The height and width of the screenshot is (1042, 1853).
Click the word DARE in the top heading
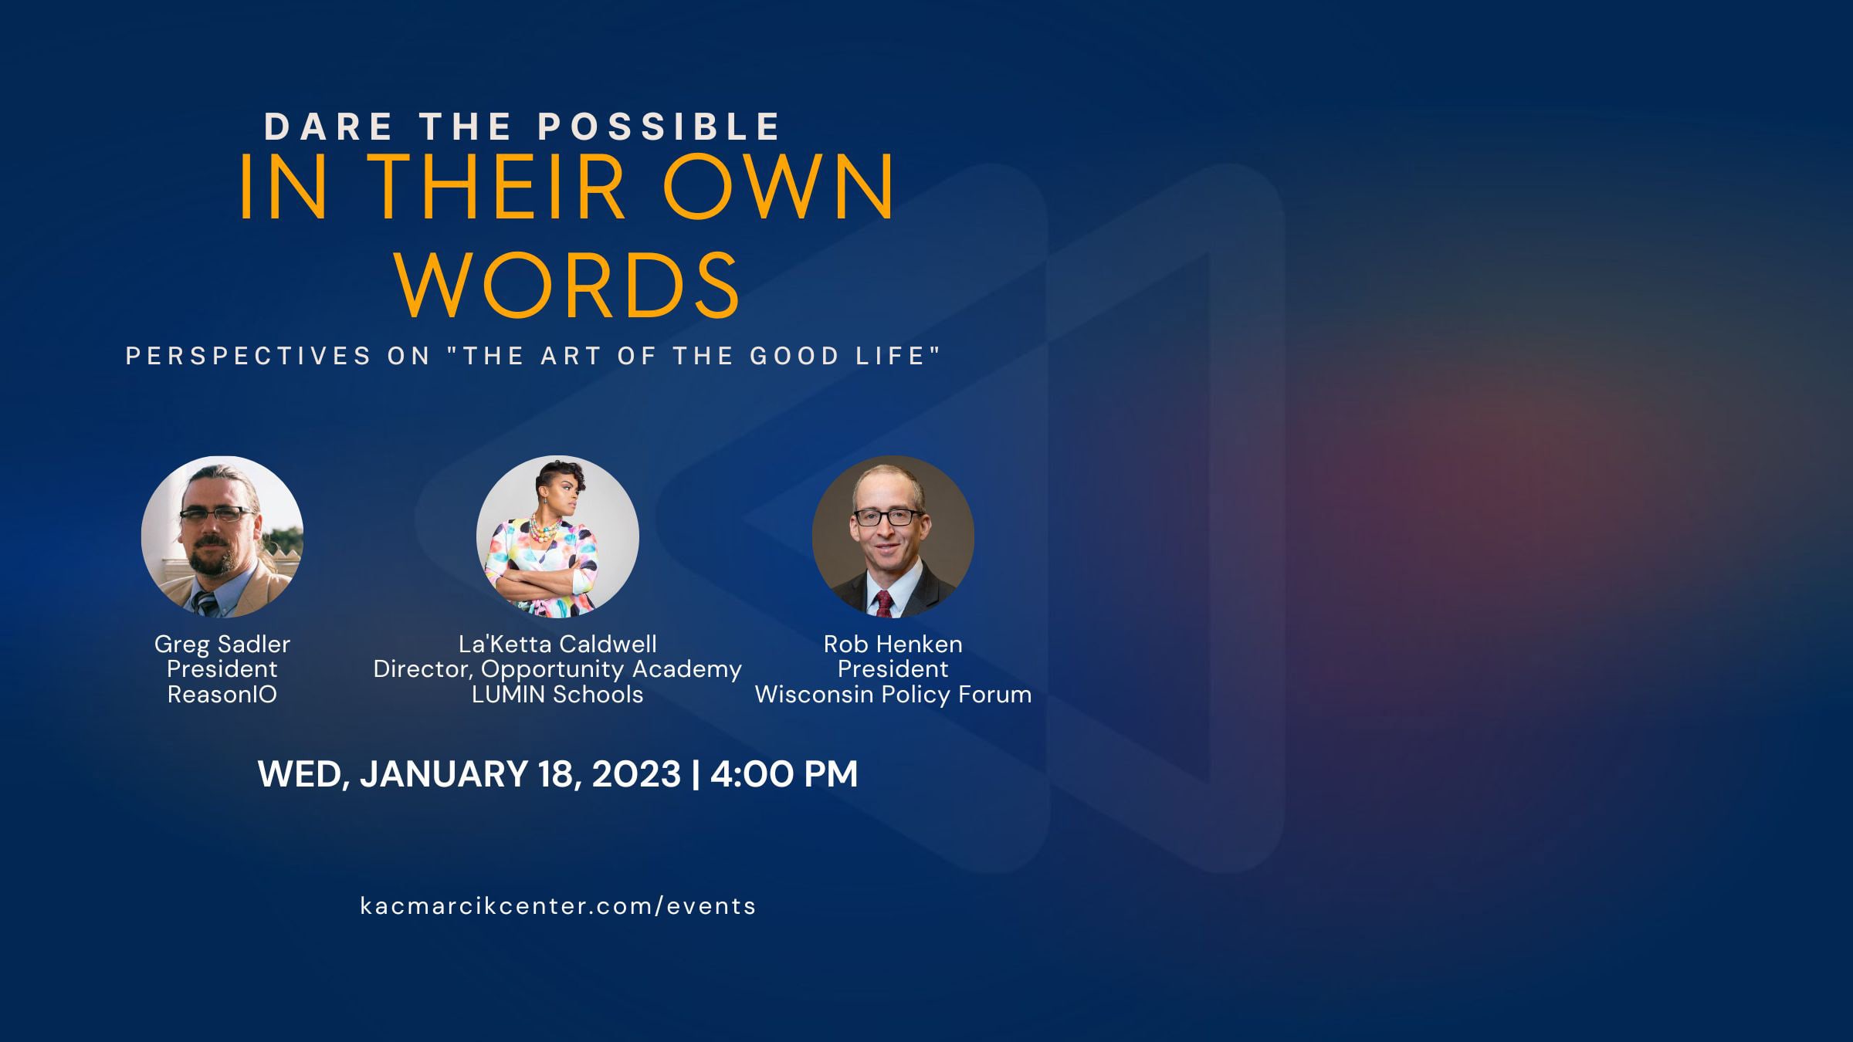(x=318, y=127)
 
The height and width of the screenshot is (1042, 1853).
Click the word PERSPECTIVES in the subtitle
(x=249, y=356)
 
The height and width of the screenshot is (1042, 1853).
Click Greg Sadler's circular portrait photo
(x=222, y=536)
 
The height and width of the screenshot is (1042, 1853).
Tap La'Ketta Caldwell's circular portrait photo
(x=557, y=536)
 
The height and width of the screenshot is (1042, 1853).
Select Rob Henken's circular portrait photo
(x=893, y=536)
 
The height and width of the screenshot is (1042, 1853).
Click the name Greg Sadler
(x=222, y=644)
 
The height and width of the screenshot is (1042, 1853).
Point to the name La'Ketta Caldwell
(x=557, y=644)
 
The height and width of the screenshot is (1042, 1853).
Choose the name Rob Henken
(x=893, y=644)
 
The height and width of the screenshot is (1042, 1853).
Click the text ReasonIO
(x=222, y=695)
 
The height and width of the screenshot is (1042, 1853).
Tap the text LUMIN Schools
(x=557, y=695)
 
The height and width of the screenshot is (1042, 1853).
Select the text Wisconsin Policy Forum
(x=893, y=695)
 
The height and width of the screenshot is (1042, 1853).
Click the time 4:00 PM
(x=784, y=773)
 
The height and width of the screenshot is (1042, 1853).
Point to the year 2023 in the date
(x=636, y=773)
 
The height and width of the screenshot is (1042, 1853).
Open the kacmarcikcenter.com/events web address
(x=558, y=905)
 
